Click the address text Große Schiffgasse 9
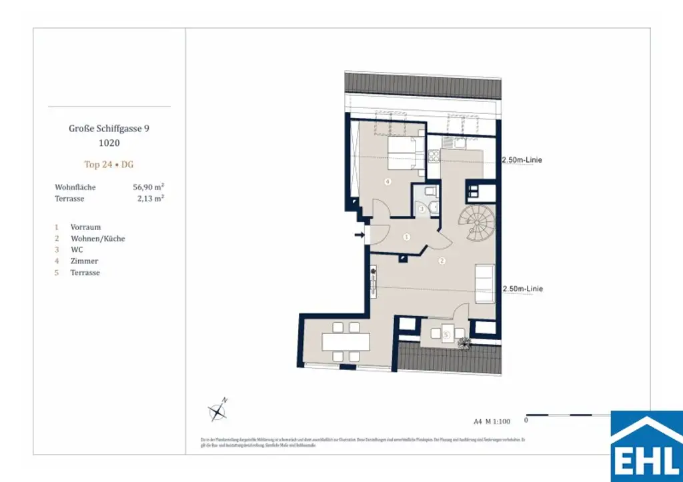(x=109, y=129)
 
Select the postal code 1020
(x=109, y=142)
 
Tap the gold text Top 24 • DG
(x=109, y=164)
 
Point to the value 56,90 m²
(x=148, y=187)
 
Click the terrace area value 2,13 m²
(x=149, y=199)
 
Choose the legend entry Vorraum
(x=85, y=227)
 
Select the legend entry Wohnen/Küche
(x=97, y=239)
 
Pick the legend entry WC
(x=77, y=250)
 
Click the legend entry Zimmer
(x=83, y=261)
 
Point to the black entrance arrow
(x=360, y=235)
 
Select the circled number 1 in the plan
(x=407, y=237)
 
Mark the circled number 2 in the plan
(x=442, y=261)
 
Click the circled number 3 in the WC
(x=422, y=209)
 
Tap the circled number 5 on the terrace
(x=447, y=333)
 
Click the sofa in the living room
(x=484, y=283)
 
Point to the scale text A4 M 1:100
(x=492, y=421)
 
